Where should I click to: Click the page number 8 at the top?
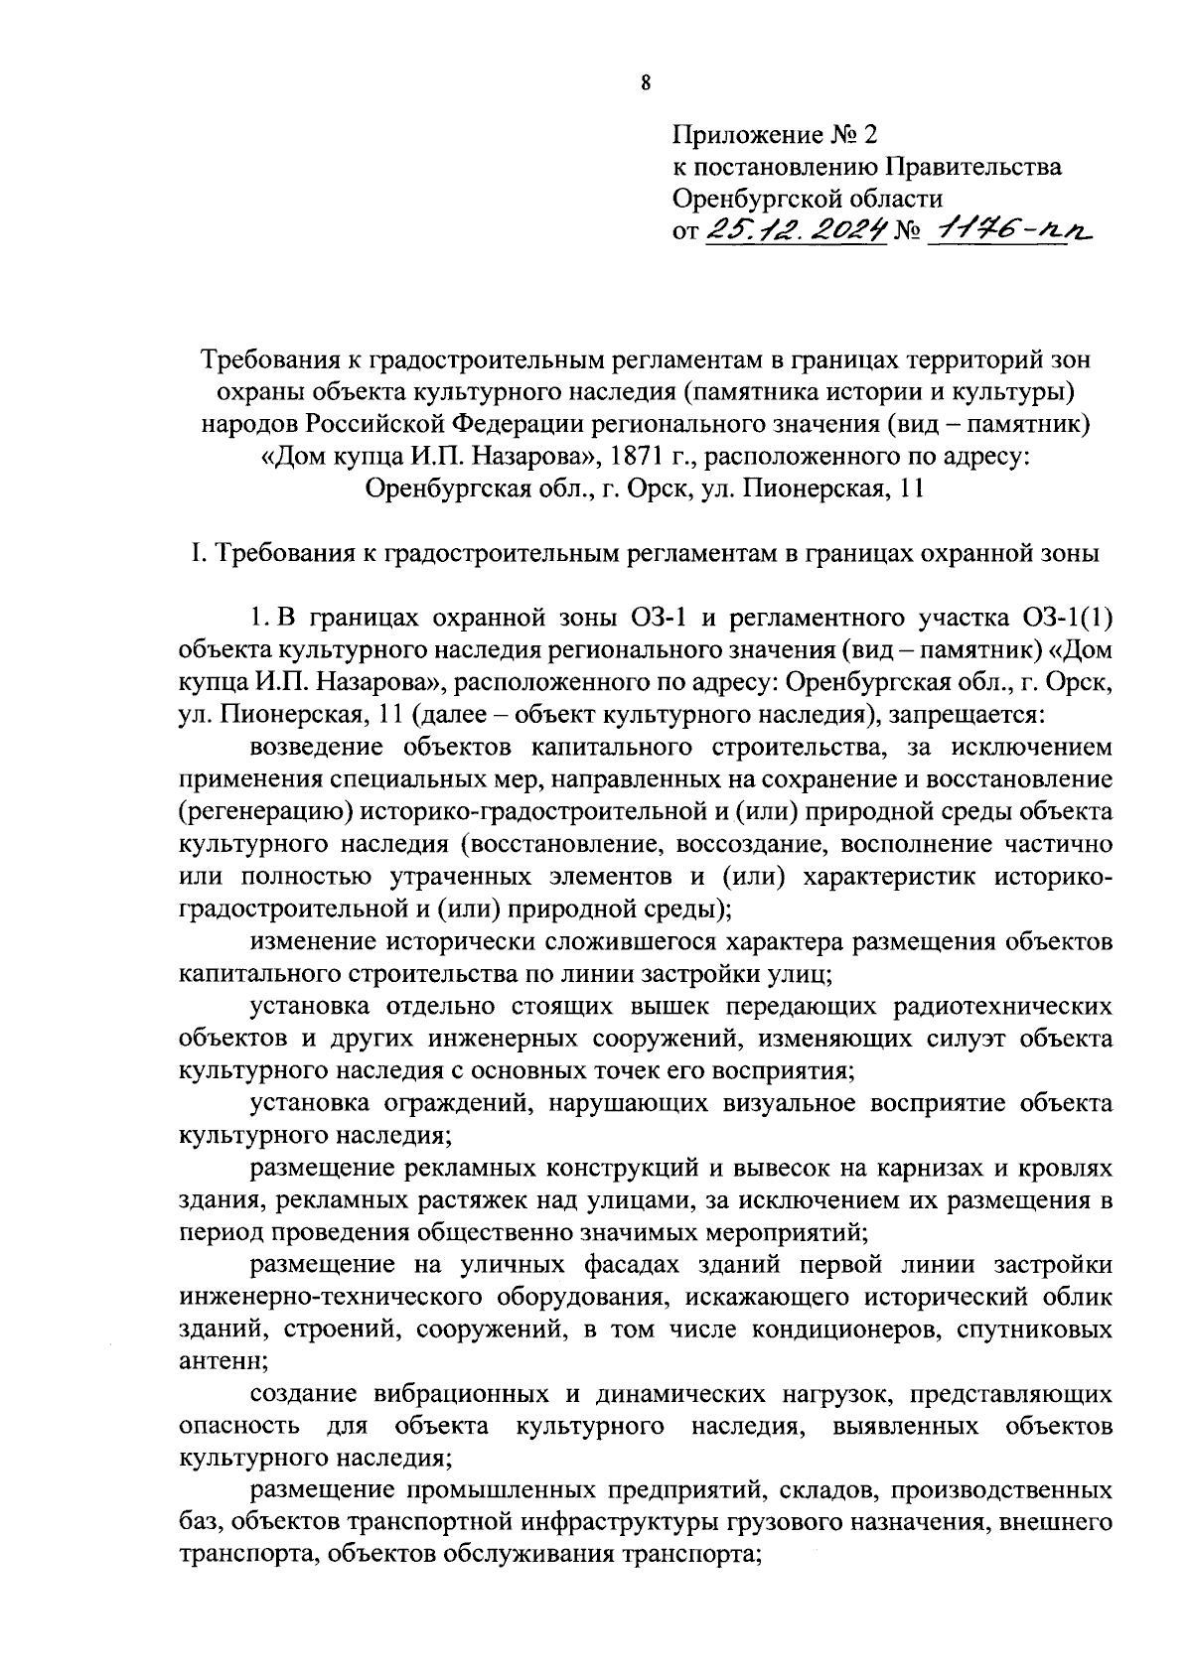pos(645,83)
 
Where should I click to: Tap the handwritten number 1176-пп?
pos(1004,232)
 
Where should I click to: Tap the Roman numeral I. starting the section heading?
pos(197,553)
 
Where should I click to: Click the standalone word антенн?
pos(218,1363)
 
